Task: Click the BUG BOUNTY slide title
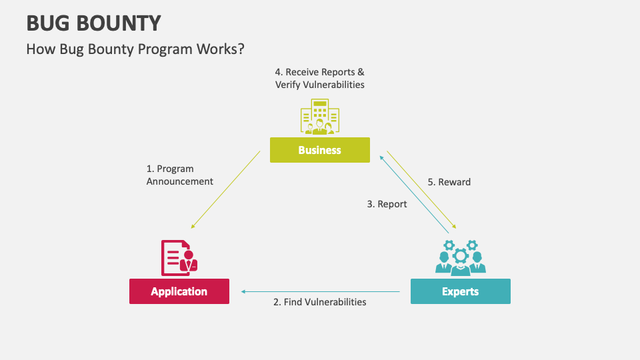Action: click(x=93, y=23)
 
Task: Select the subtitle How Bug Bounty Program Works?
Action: click(x=135, y=49)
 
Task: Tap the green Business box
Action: click(x=319, y=150)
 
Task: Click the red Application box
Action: click(x=179, y=291)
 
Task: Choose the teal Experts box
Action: click(x=460, y=291)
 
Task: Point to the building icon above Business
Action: click(x=319, y=117)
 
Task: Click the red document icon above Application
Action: click(x=179, y=257)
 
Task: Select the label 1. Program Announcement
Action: click(x=179, y=175)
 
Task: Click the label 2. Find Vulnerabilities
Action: click(x=319, y=302)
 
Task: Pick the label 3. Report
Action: click(x=387, y=204)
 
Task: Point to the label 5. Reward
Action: click(x=449, y=182)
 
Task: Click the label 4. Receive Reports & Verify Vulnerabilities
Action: click(x=319, y=78)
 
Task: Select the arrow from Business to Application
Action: click(x=225, y=189)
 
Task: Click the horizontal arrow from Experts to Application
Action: click(x=320, y=291)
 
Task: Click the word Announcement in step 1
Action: click(x=179, y=181)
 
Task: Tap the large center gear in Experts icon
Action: click(x=460, y=255)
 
